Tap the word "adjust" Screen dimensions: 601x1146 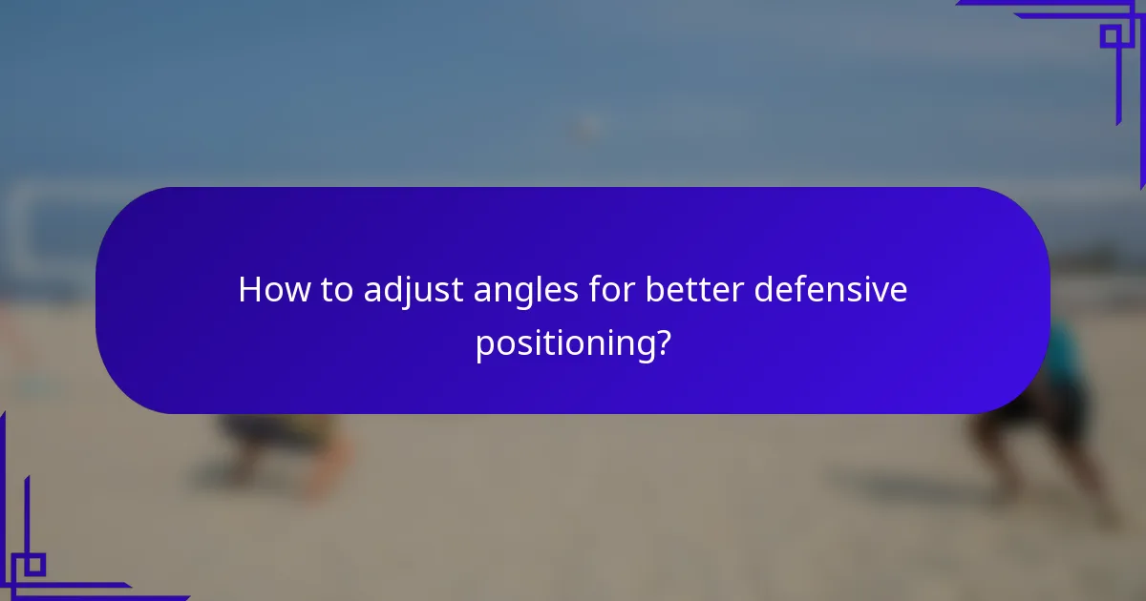[x=415, y=290]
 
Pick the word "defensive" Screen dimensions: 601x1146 [x=830, y=289]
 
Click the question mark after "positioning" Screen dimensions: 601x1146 [x=660, y=341]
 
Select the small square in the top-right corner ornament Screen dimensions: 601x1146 [x=1110, y=36]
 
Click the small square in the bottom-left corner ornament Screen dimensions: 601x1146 [x=34, y=565]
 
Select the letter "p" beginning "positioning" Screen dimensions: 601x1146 [x=484, y=344]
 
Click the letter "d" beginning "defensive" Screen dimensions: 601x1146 [x=763, y=289]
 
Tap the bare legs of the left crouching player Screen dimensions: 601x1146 [x=325, y=467]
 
